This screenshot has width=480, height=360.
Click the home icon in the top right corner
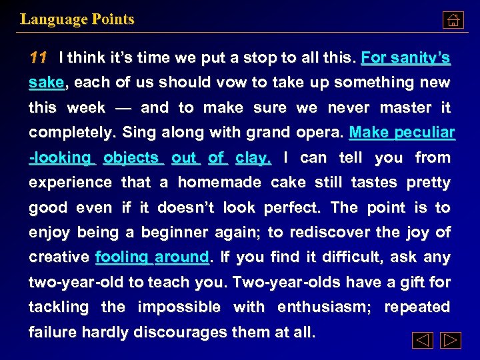click(x=453, y=20)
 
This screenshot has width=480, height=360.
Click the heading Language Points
click(x=77, y=19)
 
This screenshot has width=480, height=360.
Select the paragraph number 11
click(x=38, y=58)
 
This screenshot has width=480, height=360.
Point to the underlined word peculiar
click(x=424, y=132)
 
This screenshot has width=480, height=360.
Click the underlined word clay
click(x=253, y=157)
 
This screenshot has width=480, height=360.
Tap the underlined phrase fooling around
click(x=152, y=257)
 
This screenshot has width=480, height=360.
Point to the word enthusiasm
click(x=323, y=307)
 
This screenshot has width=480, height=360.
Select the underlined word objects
click(x=131, y=157)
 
